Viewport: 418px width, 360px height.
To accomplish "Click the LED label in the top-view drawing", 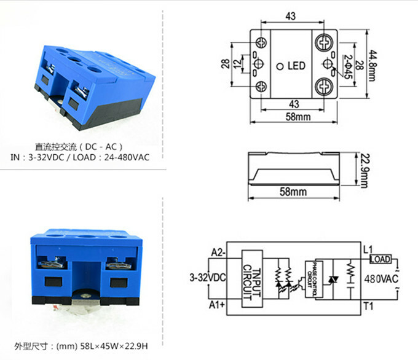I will [x=296, y=66].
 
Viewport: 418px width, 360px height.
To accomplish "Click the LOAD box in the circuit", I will [x=381, y=260].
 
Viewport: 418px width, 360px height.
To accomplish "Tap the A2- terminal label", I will [x=218, y=252].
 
